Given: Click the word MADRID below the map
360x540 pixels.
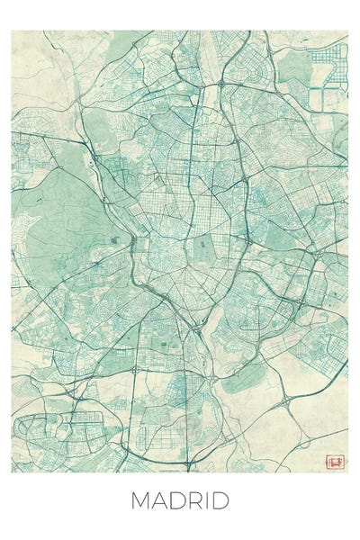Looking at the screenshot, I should [x=180, y=500].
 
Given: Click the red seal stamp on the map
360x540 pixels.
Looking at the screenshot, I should [x=337, y=462].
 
